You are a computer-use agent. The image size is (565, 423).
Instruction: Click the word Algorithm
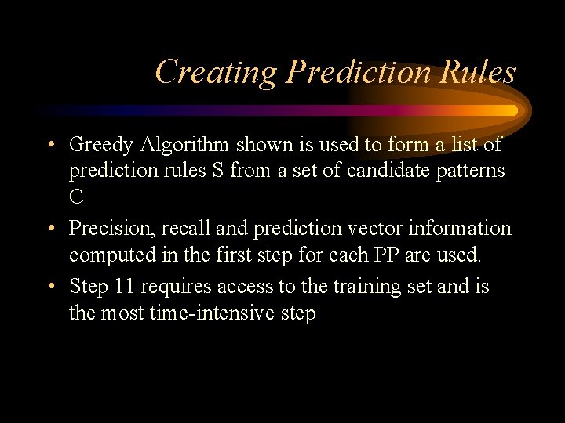174,145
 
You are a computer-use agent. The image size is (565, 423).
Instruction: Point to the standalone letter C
76,197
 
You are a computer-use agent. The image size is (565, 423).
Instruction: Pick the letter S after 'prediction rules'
216,171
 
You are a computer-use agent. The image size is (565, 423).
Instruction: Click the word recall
177,229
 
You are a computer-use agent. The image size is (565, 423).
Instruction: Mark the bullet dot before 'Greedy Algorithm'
50,146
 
